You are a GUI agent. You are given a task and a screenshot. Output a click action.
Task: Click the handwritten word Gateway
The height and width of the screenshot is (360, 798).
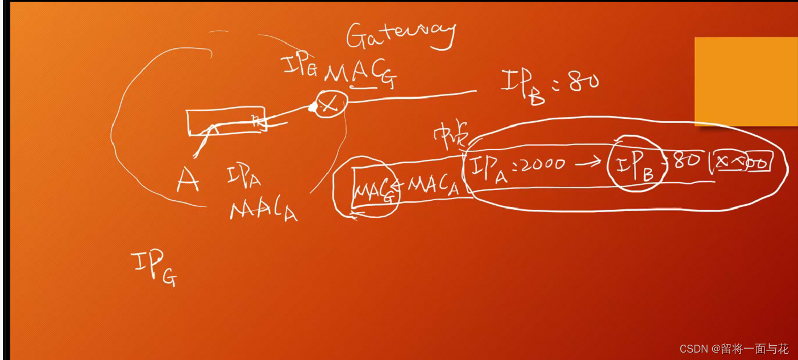pos(401,35)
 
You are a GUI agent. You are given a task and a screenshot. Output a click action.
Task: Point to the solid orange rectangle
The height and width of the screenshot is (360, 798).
pos(746,81)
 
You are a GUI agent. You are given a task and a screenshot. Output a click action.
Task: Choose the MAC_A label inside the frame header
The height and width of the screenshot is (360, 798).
pos(433,185)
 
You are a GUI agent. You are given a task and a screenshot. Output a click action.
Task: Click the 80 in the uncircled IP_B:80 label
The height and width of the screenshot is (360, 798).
pos(583,82)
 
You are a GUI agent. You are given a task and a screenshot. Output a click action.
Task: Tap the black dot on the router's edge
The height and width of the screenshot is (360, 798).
pos(313,106)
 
